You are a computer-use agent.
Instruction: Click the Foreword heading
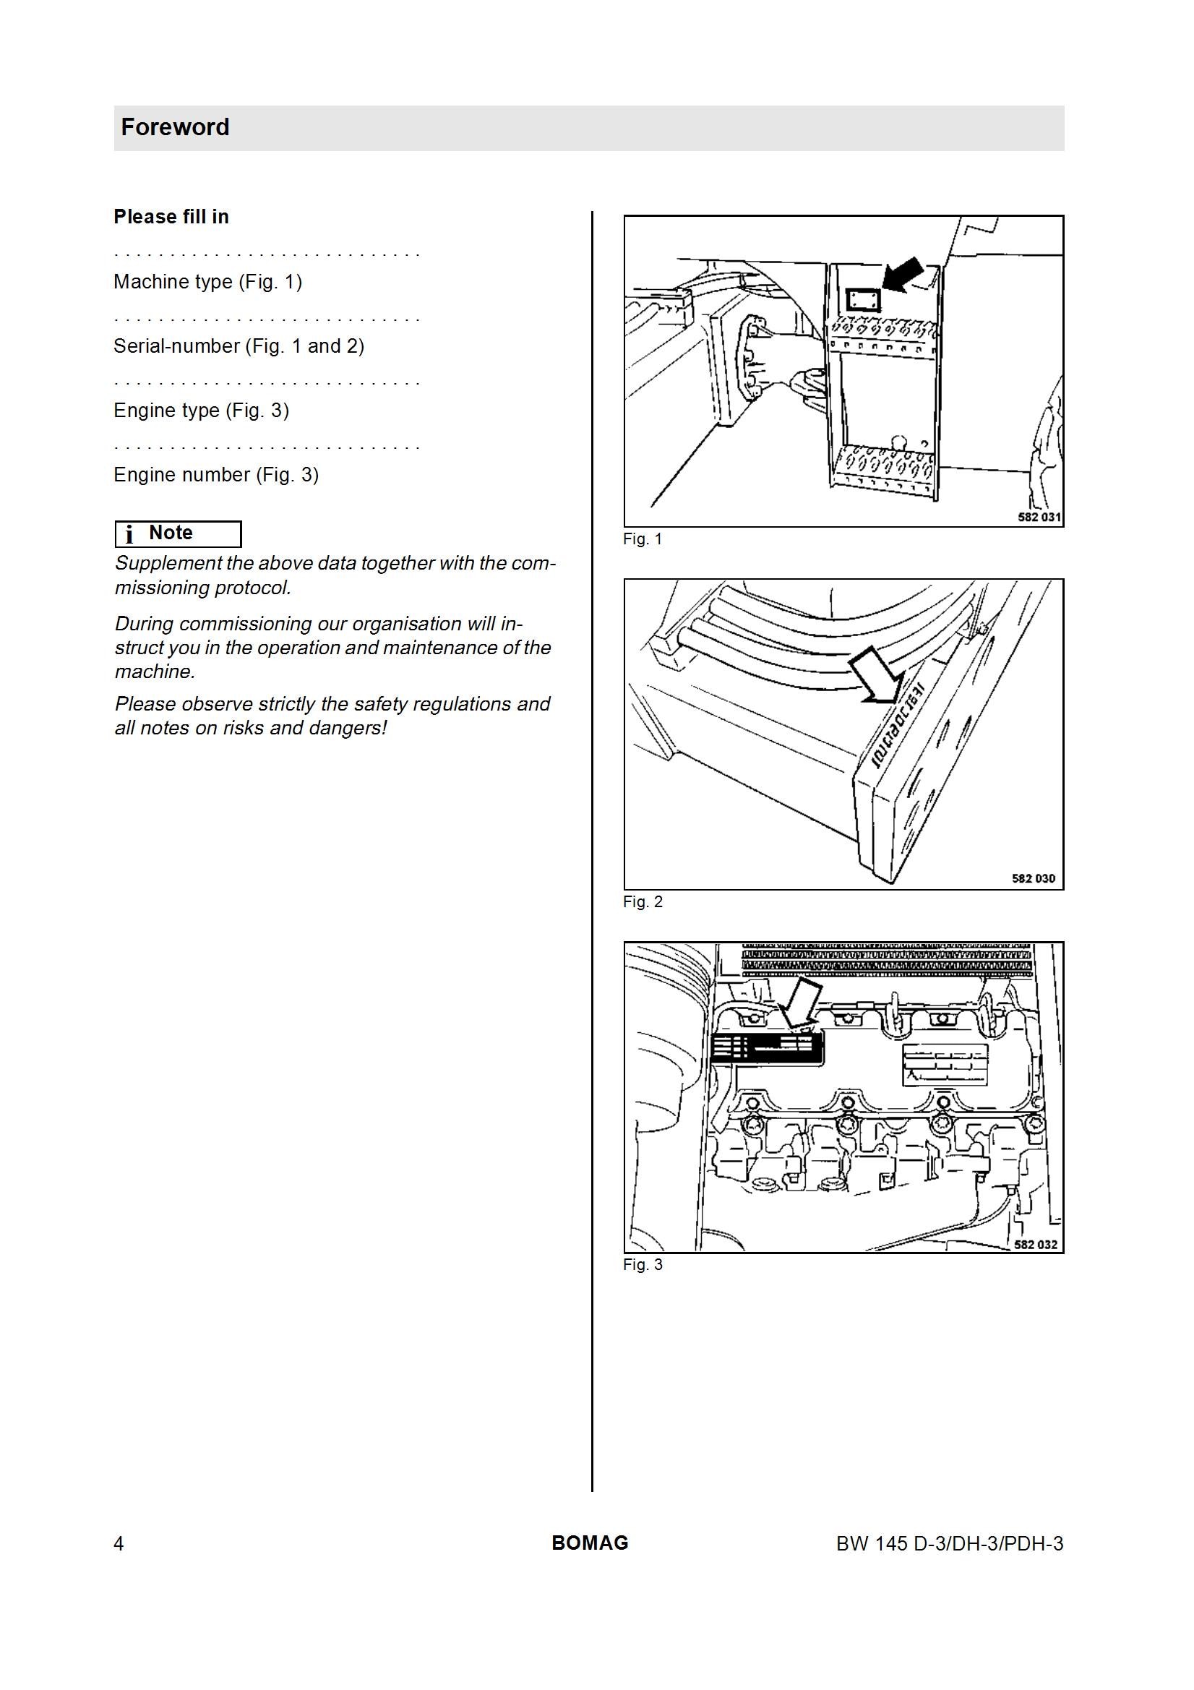coord(175,127)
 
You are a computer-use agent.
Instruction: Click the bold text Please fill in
coord(171,216)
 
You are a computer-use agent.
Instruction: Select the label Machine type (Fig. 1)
coord(207,282)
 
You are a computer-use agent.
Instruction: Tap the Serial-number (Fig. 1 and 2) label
coord(239,346)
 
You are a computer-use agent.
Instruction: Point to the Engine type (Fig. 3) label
coord(201,411)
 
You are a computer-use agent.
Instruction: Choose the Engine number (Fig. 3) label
coord(215,475)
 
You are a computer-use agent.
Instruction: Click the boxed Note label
coord(178,533)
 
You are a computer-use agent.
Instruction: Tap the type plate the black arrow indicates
coord(863,299)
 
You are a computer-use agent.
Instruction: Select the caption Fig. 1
coord(643,539)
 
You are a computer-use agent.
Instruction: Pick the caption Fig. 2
coord(643,902)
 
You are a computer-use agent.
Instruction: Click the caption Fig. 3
coord(643,1265)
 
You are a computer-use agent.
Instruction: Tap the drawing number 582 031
coord(1039,518)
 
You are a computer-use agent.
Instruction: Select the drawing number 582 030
coord(1034,879)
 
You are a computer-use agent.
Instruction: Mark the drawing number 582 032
coord(1035,1245)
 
